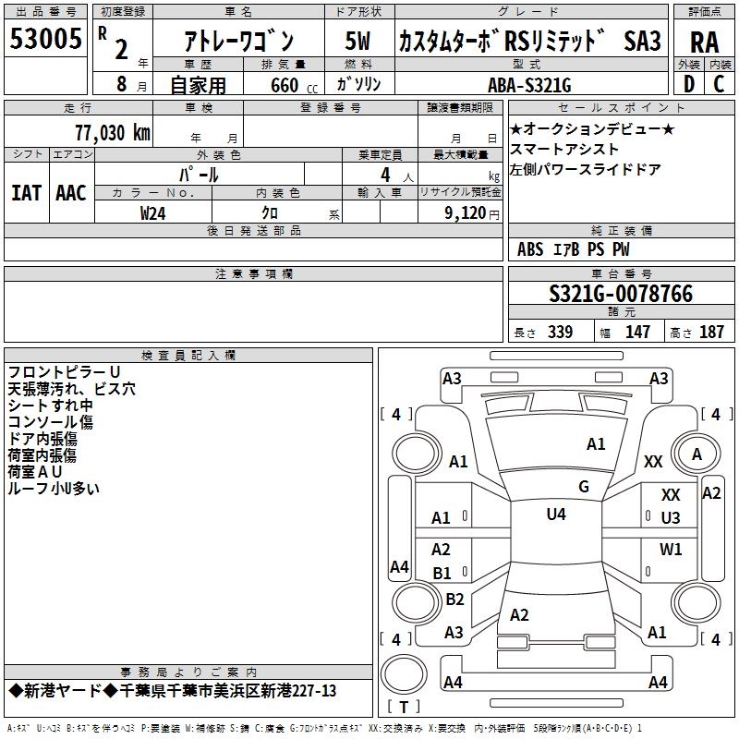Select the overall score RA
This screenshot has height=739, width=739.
704,42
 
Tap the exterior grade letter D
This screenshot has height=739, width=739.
689,84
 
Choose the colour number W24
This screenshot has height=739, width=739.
153,212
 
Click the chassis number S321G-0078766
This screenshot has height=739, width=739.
620,294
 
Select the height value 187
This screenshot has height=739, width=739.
711,333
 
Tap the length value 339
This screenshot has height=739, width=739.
559,333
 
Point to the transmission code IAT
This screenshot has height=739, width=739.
26,192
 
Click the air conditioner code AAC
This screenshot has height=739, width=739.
71,192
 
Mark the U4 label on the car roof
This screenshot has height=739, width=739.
556,515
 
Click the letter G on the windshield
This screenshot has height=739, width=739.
584,487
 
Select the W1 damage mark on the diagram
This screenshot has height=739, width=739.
671,550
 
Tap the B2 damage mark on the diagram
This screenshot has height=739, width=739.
454,600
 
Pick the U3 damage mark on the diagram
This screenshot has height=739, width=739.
671,518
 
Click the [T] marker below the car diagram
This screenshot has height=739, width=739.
403,708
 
